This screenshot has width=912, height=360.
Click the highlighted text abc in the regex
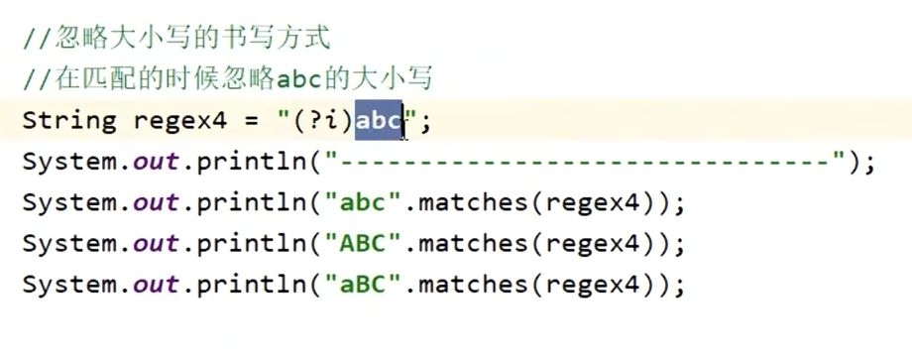378,121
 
